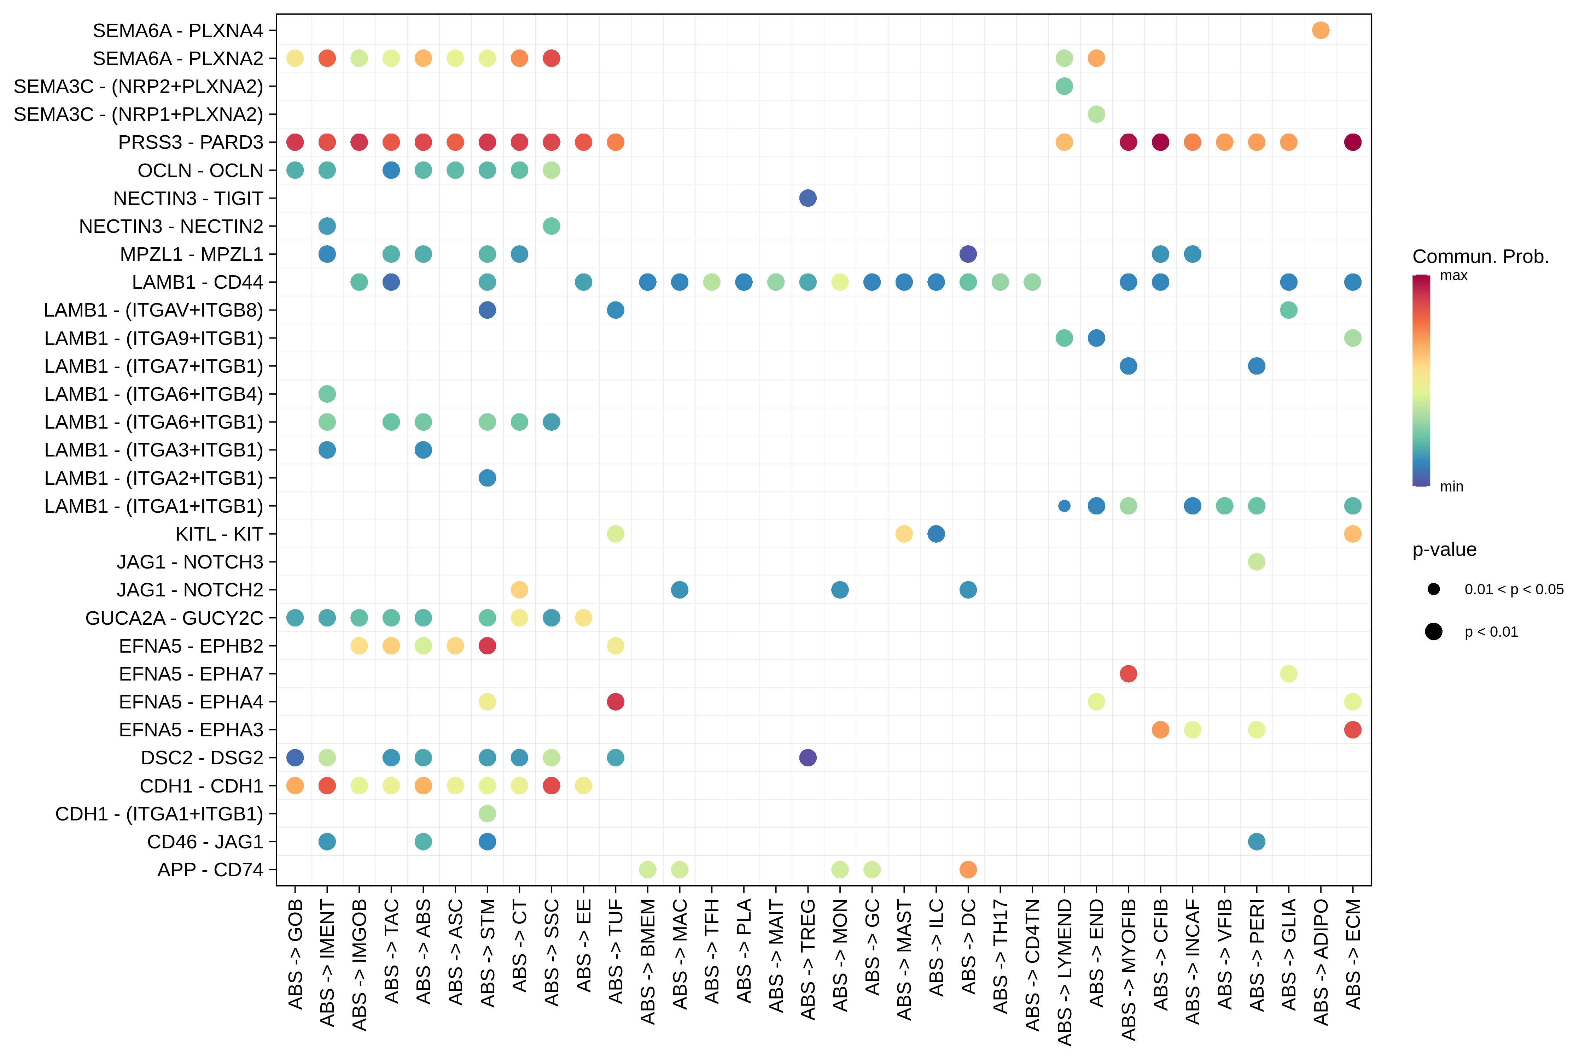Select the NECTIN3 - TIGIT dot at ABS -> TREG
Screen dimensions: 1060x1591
coord(807,198)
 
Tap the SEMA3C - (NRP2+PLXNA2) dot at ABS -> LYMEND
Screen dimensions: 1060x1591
coord(1064,86)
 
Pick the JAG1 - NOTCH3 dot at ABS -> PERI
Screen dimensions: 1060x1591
coord(1256,562)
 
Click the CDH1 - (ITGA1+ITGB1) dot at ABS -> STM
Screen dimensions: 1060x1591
coord(487,813)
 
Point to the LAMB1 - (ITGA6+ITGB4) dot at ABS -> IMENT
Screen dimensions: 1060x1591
coord(327,394)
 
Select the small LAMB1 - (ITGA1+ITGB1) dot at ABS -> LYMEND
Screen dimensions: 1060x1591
coord(1064,506)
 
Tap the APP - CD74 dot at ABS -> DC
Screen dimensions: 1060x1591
coord(968,869)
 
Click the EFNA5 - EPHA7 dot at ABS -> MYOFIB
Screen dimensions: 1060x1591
coord(1128,673)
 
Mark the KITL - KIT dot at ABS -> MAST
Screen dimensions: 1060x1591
coord(904,534)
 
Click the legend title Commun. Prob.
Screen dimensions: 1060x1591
coord(1480,257)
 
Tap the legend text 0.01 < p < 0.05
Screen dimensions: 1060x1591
coord(1514,589)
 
